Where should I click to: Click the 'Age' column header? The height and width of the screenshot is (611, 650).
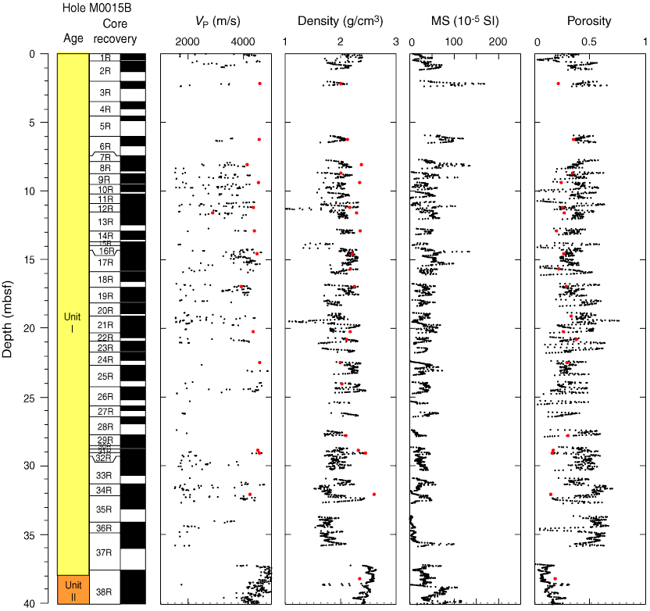pyautogui.click(x=73, y=38)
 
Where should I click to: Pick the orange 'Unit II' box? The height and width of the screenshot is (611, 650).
pyautogui.click(x=73, y=590)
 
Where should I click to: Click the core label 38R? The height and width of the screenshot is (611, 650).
pyautogui.click(x=105, y=592)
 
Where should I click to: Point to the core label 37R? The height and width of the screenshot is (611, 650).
pyautogui.click(x=105, y=552)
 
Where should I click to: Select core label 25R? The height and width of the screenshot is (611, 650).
pyautogui.click(x=105, y=377)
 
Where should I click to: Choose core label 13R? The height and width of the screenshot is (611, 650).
pyautogui.click(x=105, y=222)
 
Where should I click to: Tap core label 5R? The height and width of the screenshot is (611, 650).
pyautogui.click(x=105, y=126)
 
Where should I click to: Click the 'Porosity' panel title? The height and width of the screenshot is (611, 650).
pyautogui.click(x=590, y=21)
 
